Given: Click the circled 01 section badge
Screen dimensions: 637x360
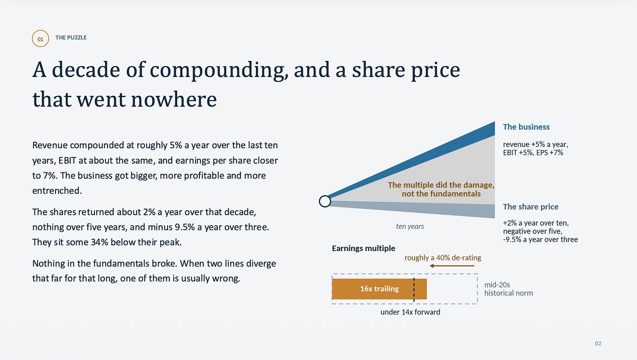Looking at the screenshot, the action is (40, 38).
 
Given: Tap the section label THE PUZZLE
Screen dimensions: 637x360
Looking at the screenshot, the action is (71, 38).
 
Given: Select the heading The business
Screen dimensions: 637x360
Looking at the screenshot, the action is (526, 127).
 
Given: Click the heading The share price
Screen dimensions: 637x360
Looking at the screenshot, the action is (530, 207).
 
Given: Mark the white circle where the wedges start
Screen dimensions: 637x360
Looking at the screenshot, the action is (325, 201).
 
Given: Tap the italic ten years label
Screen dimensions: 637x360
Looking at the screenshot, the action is (410, 226).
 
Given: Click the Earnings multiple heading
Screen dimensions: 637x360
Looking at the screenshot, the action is (364, 248).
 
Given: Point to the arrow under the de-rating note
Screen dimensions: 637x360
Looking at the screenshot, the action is (452, 266).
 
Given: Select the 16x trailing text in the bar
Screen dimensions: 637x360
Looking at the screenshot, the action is (379, 289).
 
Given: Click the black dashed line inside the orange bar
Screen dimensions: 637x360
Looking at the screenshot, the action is (414, 290).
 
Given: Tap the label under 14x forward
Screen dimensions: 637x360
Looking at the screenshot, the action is (410, 312).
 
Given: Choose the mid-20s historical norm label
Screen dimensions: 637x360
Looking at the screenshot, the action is (508, 289).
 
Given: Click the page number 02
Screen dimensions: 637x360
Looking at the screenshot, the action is (598, 343).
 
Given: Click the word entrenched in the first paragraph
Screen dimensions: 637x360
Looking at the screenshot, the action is (57, 191).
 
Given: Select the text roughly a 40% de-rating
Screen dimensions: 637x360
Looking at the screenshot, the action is (442, 258).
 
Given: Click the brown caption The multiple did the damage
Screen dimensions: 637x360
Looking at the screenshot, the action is (441, 185).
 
